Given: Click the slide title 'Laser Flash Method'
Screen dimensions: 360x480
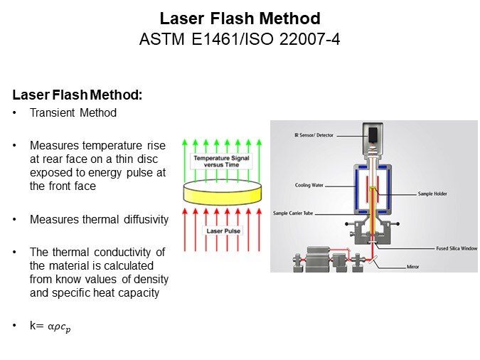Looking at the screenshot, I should tap(240, 18).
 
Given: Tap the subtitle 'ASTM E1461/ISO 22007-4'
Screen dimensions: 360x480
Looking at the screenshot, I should tap(240, 38).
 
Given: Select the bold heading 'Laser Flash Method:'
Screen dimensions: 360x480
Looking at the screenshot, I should tap(78, 94).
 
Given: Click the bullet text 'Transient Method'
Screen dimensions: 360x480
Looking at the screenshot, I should tap(73, 112).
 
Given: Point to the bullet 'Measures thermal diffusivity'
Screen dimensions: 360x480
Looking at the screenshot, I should tap(99, 219).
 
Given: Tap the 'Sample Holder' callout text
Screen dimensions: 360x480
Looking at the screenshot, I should tap(432, 193).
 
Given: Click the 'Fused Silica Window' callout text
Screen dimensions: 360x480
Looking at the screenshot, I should tap(457, 248).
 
